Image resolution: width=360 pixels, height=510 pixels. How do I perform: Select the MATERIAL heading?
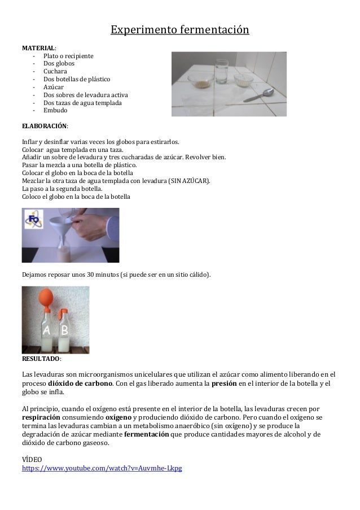click(x=38, y=47)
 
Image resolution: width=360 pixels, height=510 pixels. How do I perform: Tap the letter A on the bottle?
click(x=46, y=330)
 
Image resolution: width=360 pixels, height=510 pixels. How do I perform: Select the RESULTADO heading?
click(x=40, y=359)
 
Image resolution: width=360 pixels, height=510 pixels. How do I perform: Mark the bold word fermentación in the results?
click(x=146, y=434)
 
